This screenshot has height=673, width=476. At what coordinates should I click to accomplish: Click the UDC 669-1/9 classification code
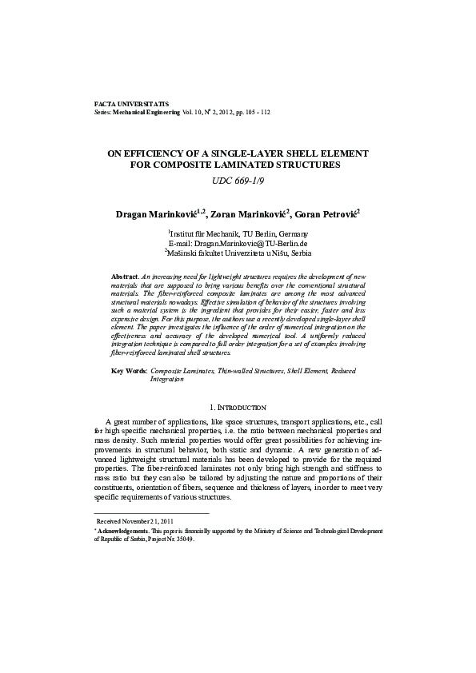pyautogui.click(x=238, y=181)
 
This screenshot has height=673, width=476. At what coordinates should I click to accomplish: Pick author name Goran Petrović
pyautogui.click(x=326, y=215)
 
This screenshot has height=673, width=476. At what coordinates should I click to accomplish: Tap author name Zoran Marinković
pyautogui.click(x=244, y=215)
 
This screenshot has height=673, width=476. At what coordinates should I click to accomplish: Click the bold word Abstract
pyautogui.click(x=124, y=275)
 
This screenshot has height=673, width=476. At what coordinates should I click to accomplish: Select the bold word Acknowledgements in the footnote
pyautogui.click(x=121, y=530)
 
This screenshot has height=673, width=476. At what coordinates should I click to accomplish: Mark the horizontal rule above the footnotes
pyautogui.click(x=151, y=512)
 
